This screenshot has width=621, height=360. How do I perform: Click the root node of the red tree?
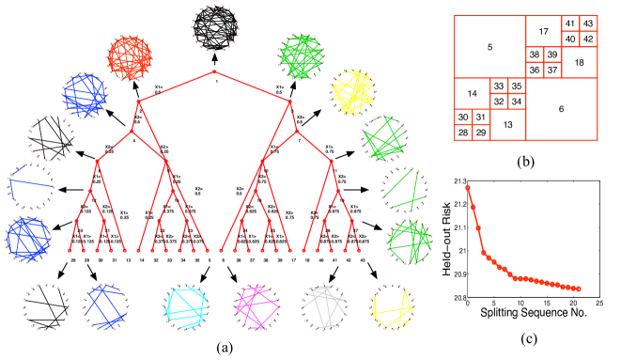click(214, 71)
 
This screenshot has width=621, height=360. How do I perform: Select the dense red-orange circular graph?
click(130, 58)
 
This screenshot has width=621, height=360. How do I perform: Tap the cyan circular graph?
click(186, 307)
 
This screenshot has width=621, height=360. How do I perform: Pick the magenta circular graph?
click(256, 307)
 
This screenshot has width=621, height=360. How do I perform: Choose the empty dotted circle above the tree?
click(215, 28)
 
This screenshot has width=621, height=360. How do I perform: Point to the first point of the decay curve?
click(467, 188)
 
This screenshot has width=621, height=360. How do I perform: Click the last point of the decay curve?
click(578, 289)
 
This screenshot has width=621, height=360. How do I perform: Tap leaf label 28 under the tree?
click(73, 260)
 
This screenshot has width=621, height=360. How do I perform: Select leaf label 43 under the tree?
click(363, 260)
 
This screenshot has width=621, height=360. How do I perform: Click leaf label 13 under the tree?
click(129, 260)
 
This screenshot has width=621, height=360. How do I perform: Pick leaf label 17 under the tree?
click(293, 260)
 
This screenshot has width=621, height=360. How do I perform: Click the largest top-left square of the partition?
click(489, 46)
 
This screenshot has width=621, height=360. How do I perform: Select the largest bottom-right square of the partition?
click(562, 109)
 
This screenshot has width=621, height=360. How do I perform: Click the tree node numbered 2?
click(139, 102)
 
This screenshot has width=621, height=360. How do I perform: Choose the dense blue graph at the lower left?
click(28, 238)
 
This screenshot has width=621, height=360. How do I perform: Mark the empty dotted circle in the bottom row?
click(45, 307)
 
